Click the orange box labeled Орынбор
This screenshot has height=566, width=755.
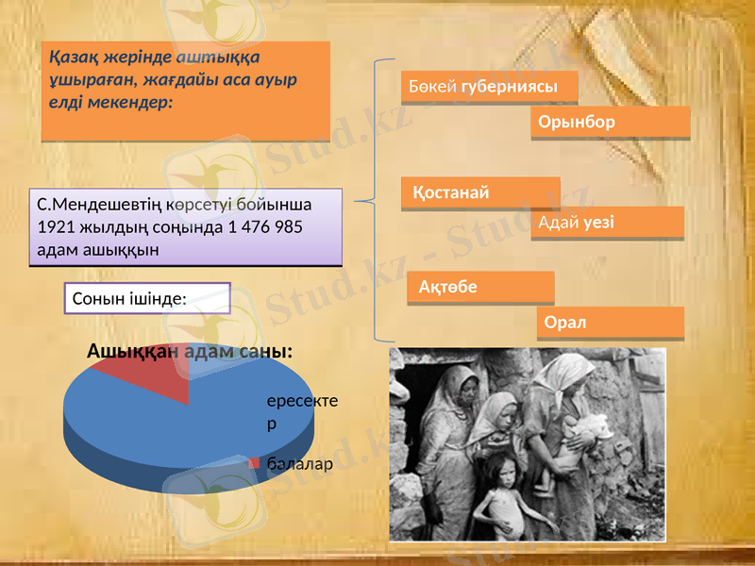611,123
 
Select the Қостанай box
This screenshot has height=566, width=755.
480,193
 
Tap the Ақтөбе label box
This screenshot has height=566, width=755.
480,287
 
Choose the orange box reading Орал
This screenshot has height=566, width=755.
611,323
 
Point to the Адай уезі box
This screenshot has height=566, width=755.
607,223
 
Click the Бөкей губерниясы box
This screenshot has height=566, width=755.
489,87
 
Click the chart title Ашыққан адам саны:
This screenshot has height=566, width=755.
189,351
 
